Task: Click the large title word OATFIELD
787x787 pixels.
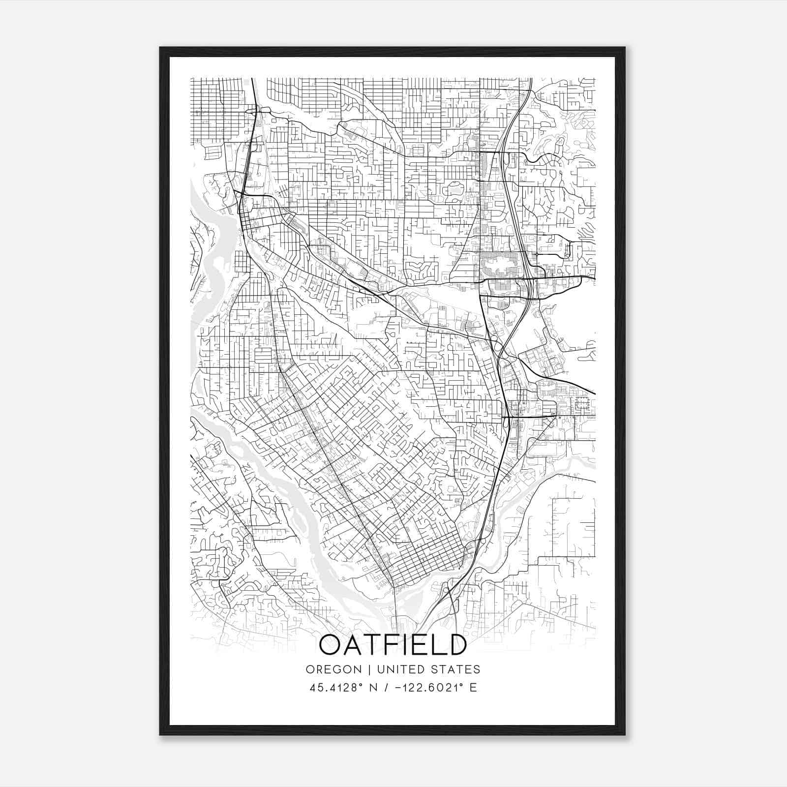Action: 393,645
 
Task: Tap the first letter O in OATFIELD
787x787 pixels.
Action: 331,645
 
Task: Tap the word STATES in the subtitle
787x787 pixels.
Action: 455,669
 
